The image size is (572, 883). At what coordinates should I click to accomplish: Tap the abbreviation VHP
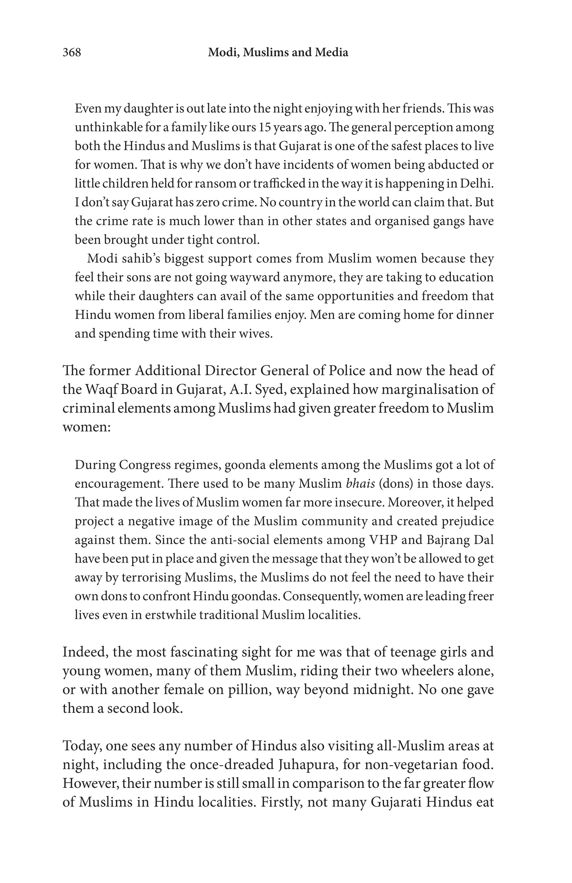pyautogui.click(x=383, y=540)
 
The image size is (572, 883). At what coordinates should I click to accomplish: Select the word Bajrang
pyautogui.click(x=443, y=540)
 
